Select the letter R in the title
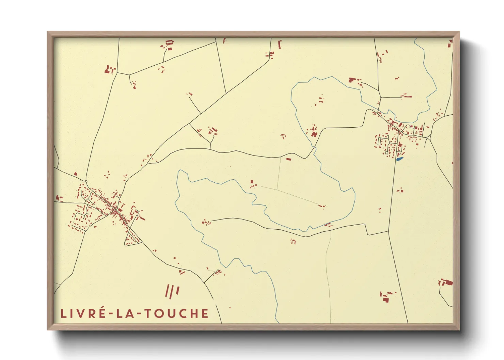click(x=90, y=313)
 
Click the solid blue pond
click(x=399, y=159)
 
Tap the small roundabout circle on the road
click(x=86, y=181)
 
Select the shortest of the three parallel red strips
click(x=177, y=290)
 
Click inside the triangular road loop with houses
click(x=132, y=238)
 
